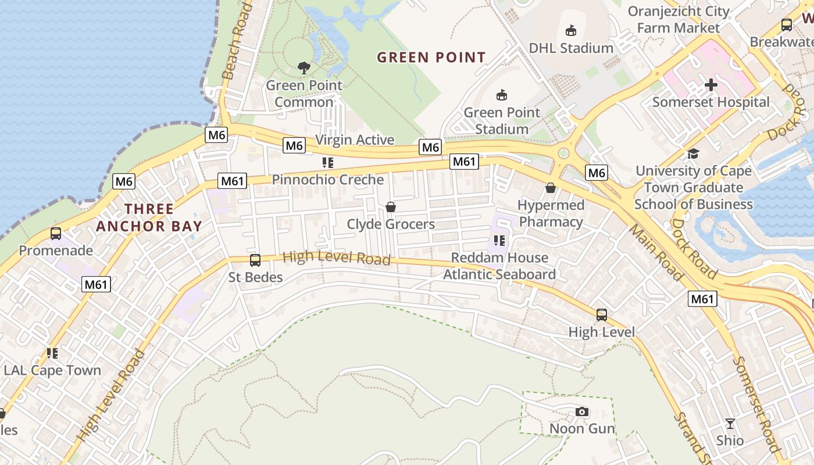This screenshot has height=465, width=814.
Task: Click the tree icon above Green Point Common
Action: [304, 68]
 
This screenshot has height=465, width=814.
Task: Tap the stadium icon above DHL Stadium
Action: [571, 31]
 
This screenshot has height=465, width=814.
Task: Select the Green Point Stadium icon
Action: [502, 95]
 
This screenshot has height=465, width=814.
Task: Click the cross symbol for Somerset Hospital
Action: [711, 85]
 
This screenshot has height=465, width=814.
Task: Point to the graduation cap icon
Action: [693, 153]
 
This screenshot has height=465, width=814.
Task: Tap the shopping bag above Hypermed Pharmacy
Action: [550, 188]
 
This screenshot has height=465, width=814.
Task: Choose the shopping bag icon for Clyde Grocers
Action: [391, 207]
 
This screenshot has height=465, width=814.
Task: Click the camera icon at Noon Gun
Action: [581, 412]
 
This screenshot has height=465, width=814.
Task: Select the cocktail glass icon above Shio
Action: [730, 423]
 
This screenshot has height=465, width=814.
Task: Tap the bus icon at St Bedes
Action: [255, 260]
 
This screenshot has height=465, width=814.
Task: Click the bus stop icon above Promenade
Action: [56, 234]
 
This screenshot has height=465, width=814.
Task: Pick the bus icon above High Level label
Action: [602, 315]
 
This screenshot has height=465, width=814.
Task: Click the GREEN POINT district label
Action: [431, 58]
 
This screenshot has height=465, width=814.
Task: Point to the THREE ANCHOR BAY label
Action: [149, 217]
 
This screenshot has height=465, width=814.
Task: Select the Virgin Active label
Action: [355, 140]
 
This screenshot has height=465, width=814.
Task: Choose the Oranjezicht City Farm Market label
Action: [678, 19]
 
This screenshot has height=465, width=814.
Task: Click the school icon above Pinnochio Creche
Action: [328, 163]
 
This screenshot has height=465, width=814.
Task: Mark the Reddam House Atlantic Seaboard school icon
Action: [499, 241]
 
